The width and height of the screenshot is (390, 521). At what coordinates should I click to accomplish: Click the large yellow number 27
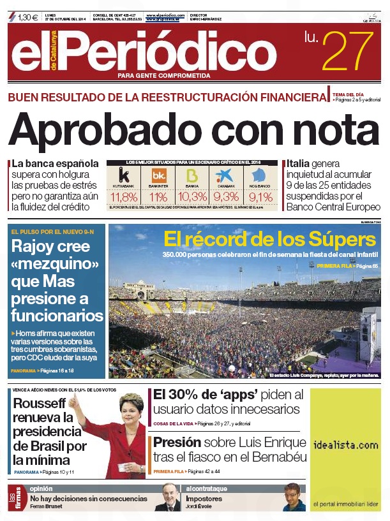[347, 50]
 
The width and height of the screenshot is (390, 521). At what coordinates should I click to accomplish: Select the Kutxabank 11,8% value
[124, 196]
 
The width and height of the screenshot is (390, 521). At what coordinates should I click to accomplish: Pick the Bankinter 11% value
[158, 196]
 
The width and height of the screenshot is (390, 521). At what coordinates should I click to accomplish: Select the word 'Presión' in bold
[177, 442]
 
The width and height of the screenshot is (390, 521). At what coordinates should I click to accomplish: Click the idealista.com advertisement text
[345, 444]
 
